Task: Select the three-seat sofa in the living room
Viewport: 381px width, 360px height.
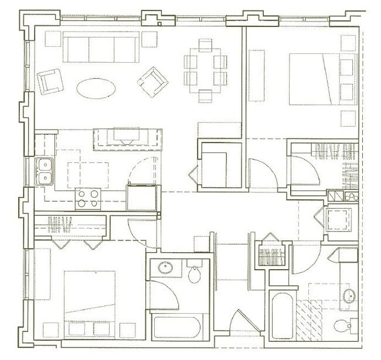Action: (x=102, y=47)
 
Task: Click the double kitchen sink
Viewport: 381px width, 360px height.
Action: (x=45, y=171)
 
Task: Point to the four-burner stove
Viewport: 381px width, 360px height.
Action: (x=88, y=198)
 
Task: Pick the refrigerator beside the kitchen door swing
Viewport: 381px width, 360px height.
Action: (x=143, y=197)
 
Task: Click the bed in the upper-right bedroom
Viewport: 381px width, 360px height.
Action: (x=322, y=79)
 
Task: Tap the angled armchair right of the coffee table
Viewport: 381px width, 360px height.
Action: (x=152, y=80)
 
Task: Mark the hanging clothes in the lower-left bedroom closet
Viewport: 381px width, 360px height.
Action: (x=59, y=223)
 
